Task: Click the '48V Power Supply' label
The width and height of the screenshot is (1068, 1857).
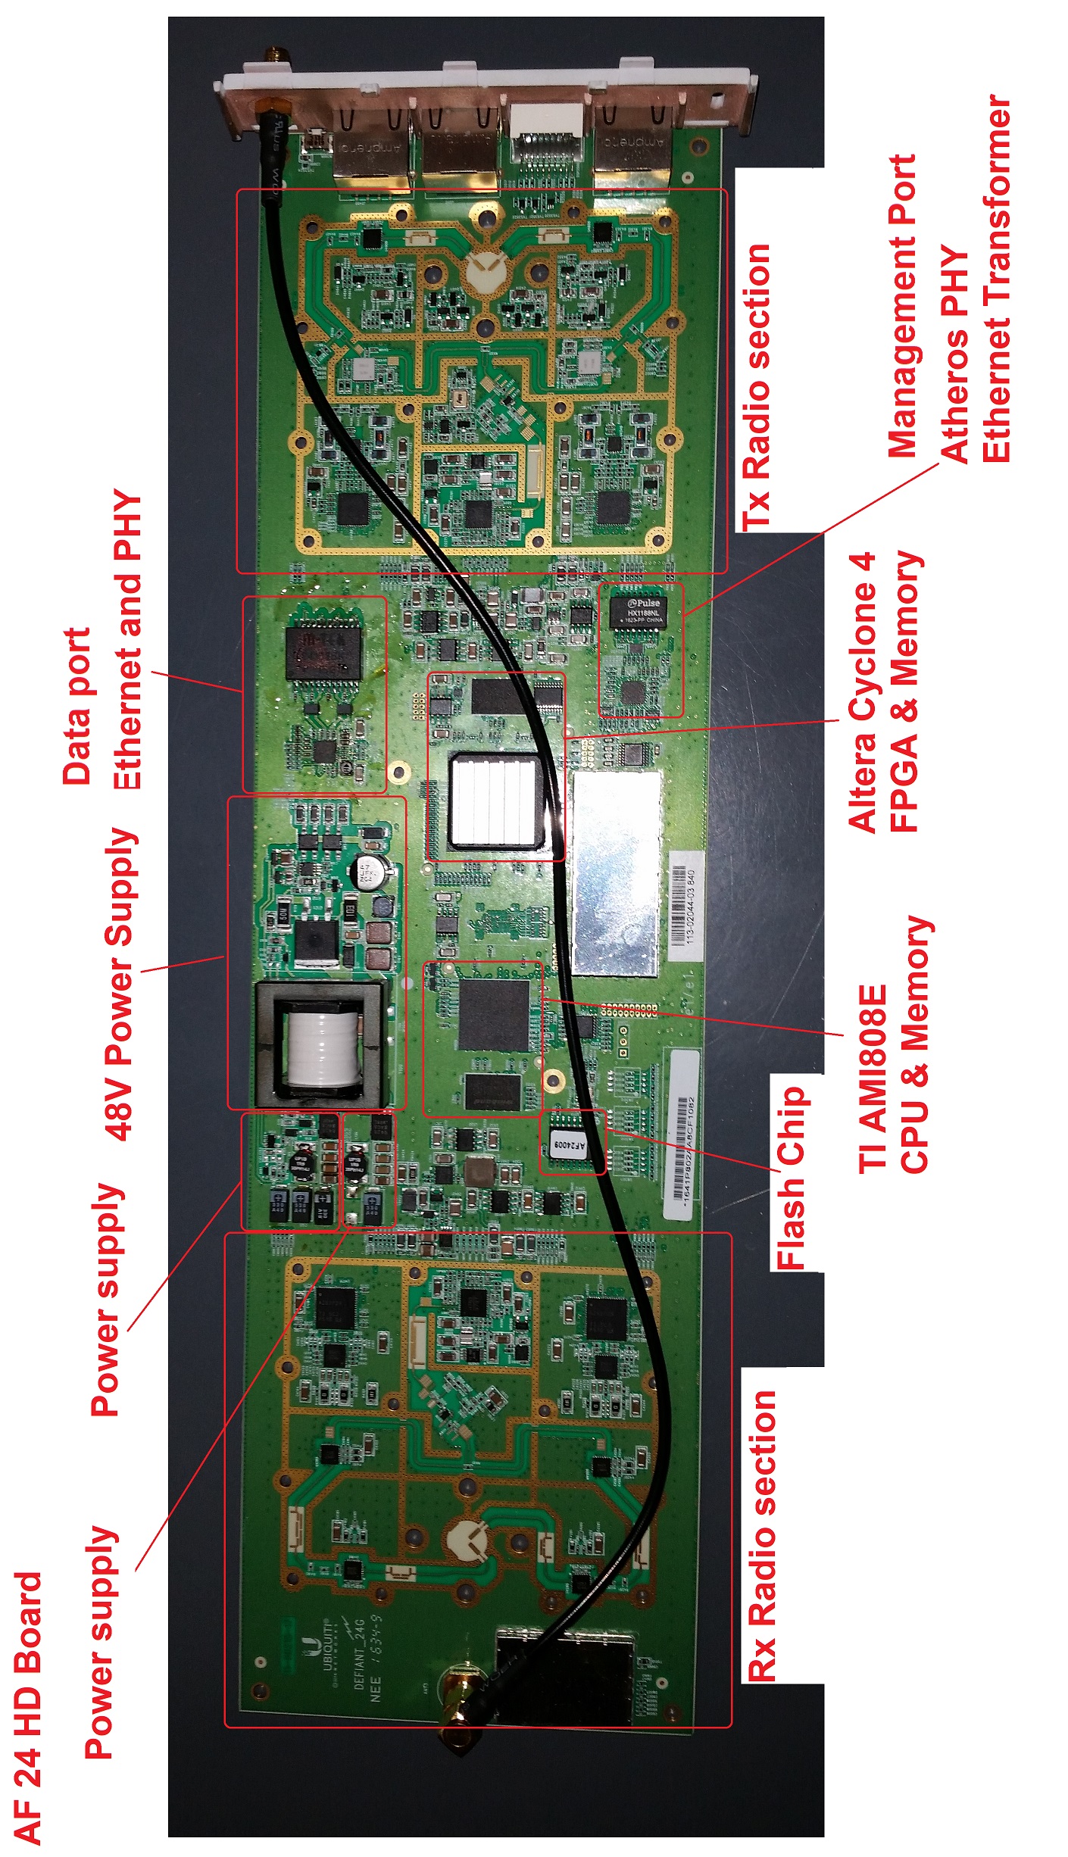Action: (121, 985)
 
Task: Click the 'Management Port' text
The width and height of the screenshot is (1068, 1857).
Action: (902, 306)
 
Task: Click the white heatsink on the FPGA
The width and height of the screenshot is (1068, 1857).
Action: (495, 800)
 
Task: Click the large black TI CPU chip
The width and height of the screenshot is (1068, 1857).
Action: (493, 1015)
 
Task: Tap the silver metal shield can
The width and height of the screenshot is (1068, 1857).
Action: (617, 872)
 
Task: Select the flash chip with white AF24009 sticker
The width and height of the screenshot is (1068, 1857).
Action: (570, 1144)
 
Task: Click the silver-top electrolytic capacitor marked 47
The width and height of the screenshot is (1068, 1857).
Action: (371, 870)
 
